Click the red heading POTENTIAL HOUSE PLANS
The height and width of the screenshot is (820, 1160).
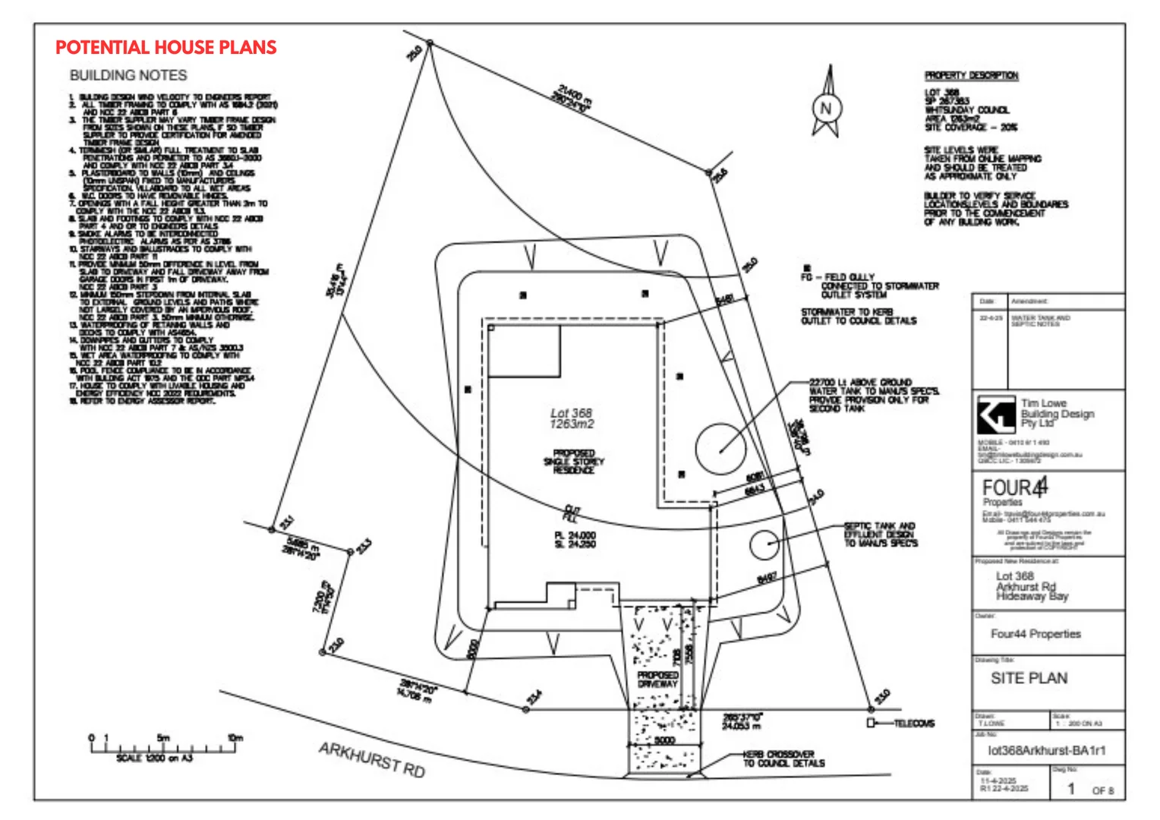(x=165, y=48)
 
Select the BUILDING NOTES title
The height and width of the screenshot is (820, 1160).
(x=128, y=75)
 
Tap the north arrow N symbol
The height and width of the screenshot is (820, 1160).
(x=826, y=108)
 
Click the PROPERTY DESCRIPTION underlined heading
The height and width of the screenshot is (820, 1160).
(x=971, y=75)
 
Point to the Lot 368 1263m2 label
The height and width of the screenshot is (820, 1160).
(x=572, y=418)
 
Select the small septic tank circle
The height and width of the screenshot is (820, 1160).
(x=764, y=544)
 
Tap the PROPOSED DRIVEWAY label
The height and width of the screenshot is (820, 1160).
(x=657, y=679)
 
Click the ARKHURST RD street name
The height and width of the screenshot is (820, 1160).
(x=371, y=759)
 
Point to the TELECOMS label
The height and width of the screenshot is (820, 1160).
(x=914, y=724)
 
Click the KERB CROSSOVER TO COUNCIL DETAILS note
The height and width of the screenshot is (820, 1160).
(x=783, y=758)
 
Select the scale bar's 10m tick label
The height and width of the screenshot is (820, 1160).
(x=235, y=737)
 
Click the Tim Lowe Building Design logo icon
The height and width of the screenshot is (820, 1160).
(x=995, y=415)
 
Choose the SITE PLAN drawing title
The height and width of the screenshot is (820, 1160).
(x=1029, y=678)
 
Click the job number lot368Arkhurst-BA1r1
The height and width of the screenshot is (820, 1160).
(x=1046, y=750)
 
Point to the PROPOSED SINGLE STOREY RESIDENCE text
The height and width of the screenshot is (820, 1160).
(x=574, y=462)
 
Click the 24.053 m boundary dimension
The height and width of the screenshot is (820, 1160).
(x=742, y=721)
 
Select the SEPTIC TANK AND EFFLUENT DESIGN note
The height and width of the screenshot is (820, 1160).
(x=881, y=535)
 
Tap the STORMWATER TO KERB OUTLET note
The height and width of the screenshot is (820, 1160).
(x=858, y=317)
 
